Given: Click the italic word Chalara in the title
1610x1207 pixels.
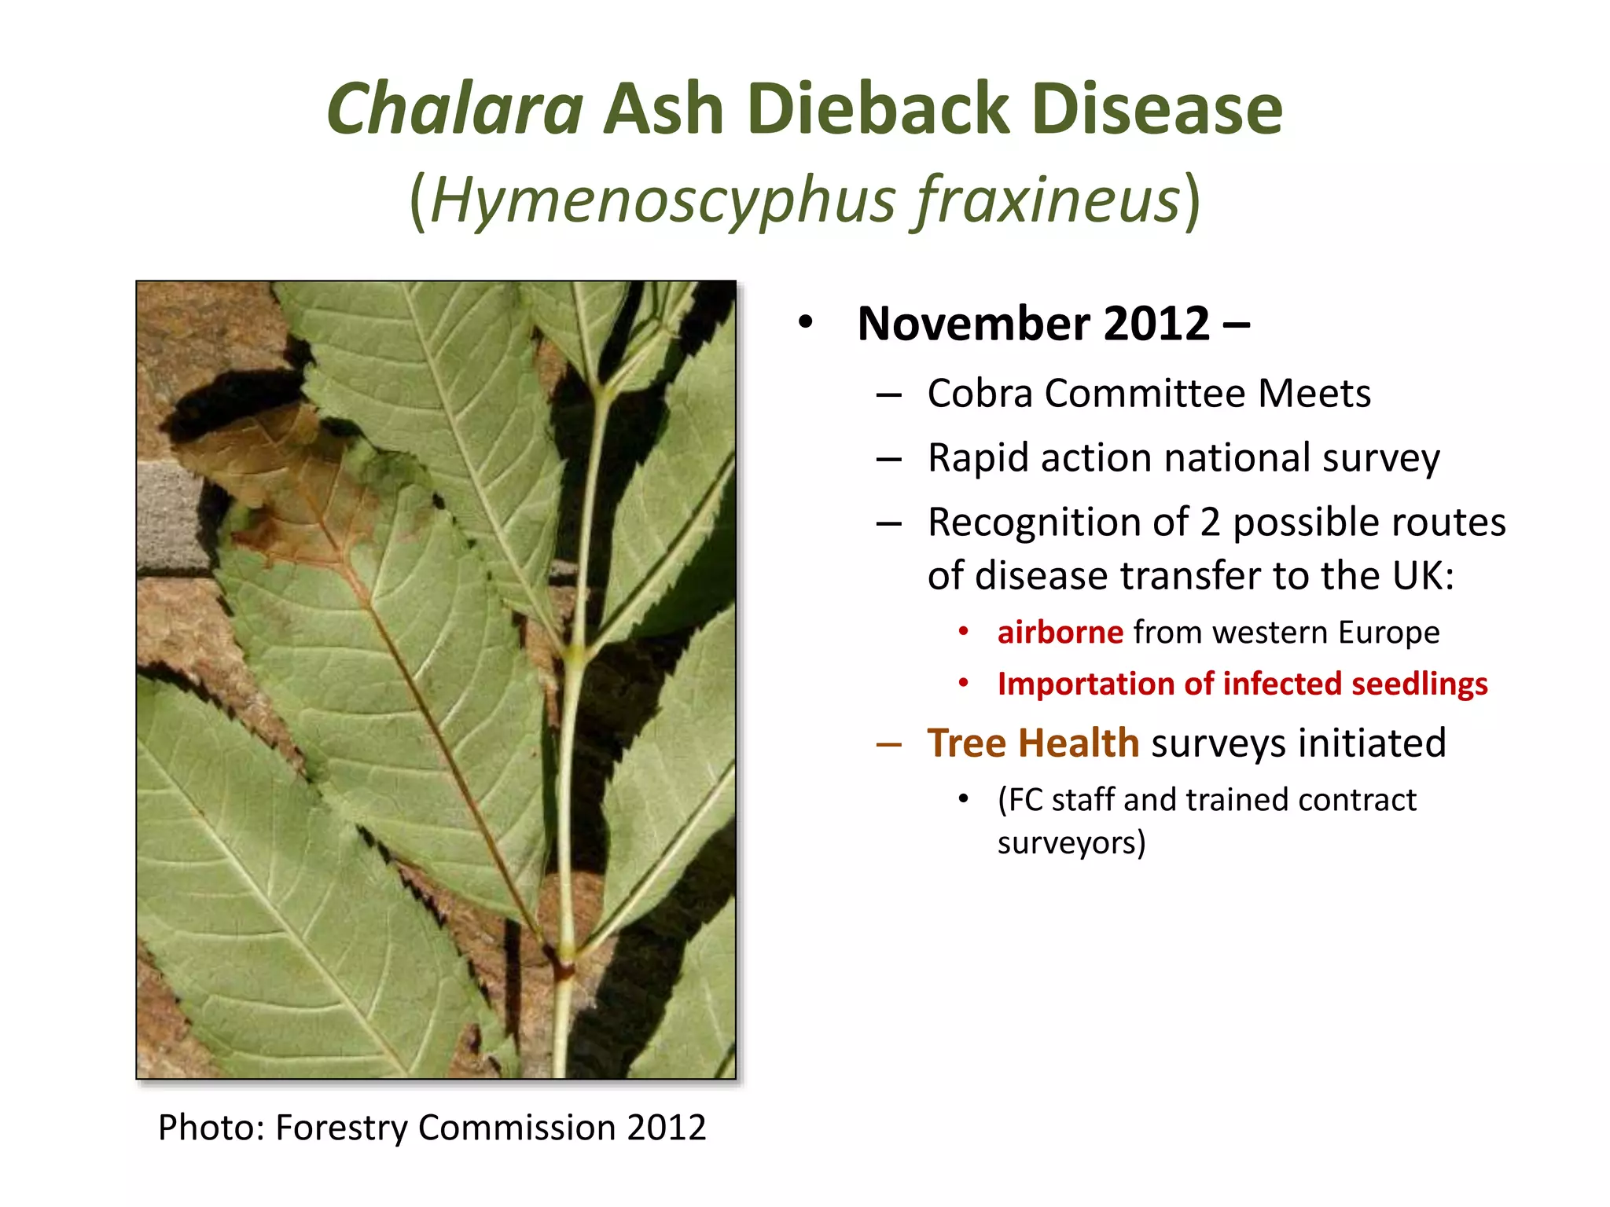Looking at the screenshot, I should (454, 110).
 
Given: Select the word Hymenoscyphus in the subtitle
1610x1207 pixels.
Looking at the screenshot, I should (662, 201).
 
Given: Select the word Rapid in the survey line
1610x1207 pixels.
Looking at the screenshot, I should (977, 459).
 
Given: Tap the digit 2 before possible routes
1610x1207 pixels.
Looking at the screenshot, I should (1210, 523).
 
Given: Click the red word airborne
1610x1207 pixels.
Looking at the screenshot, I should (1060, 633).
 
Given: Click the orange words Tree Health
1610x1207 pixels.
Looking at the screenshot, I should (1032, 743).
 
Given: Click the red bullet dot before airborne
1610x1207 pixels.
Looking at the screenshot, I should (963, 632).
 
